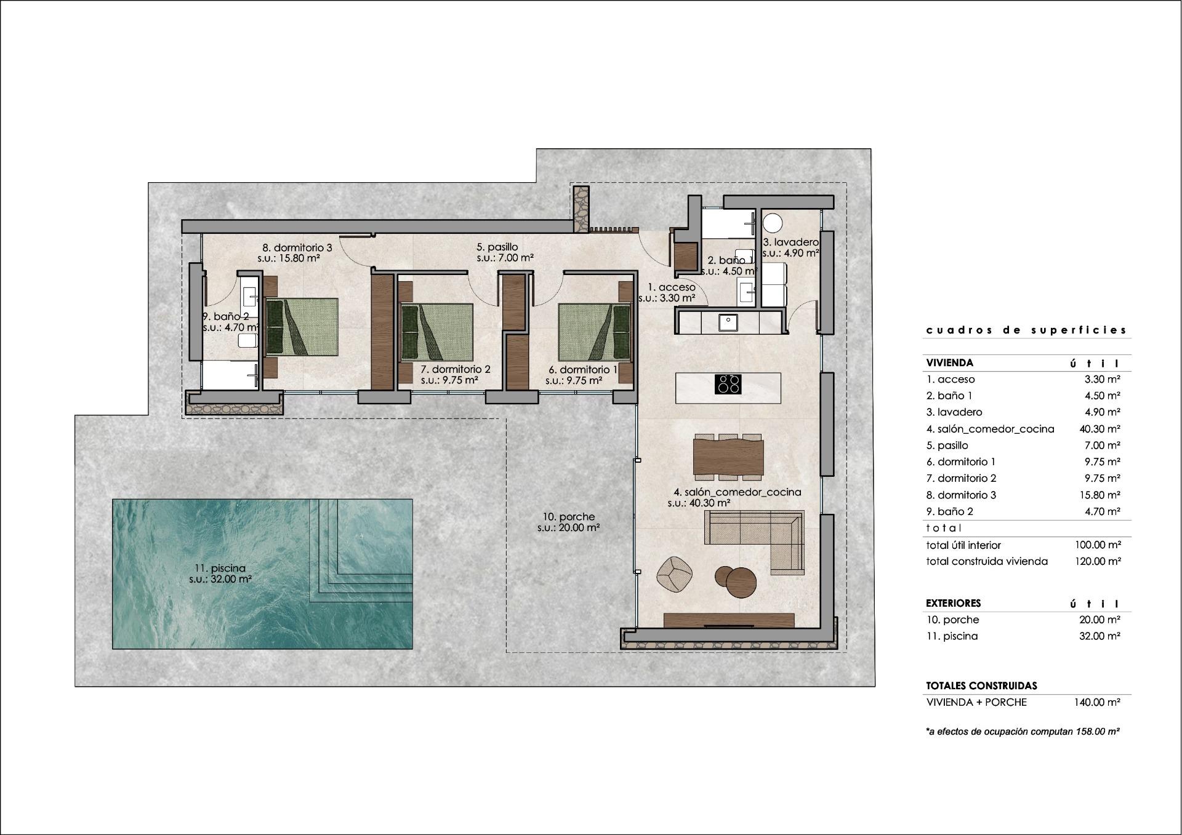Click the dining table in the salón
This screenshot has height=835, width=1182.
728,456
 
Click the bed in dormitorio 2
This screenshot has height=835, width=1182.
437,332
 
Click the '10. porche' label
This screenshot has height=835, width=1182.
569,517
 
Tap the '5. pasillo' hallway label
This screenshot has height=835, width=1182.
497,247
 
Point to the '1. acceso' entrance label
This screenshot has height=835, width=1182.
672,287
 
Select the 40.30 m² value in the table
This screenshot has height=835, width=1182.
1099,429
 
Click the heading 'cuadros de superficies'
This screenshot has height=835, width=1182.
1026,330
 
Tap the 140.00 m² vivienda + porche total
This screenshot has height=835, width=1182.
1097,702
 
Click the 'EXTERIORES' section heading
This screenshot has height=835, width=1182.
953,603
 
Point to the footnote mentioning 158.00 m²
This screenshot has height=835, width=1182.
1023,732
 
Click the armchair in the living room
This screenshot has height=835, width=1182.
675,573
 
